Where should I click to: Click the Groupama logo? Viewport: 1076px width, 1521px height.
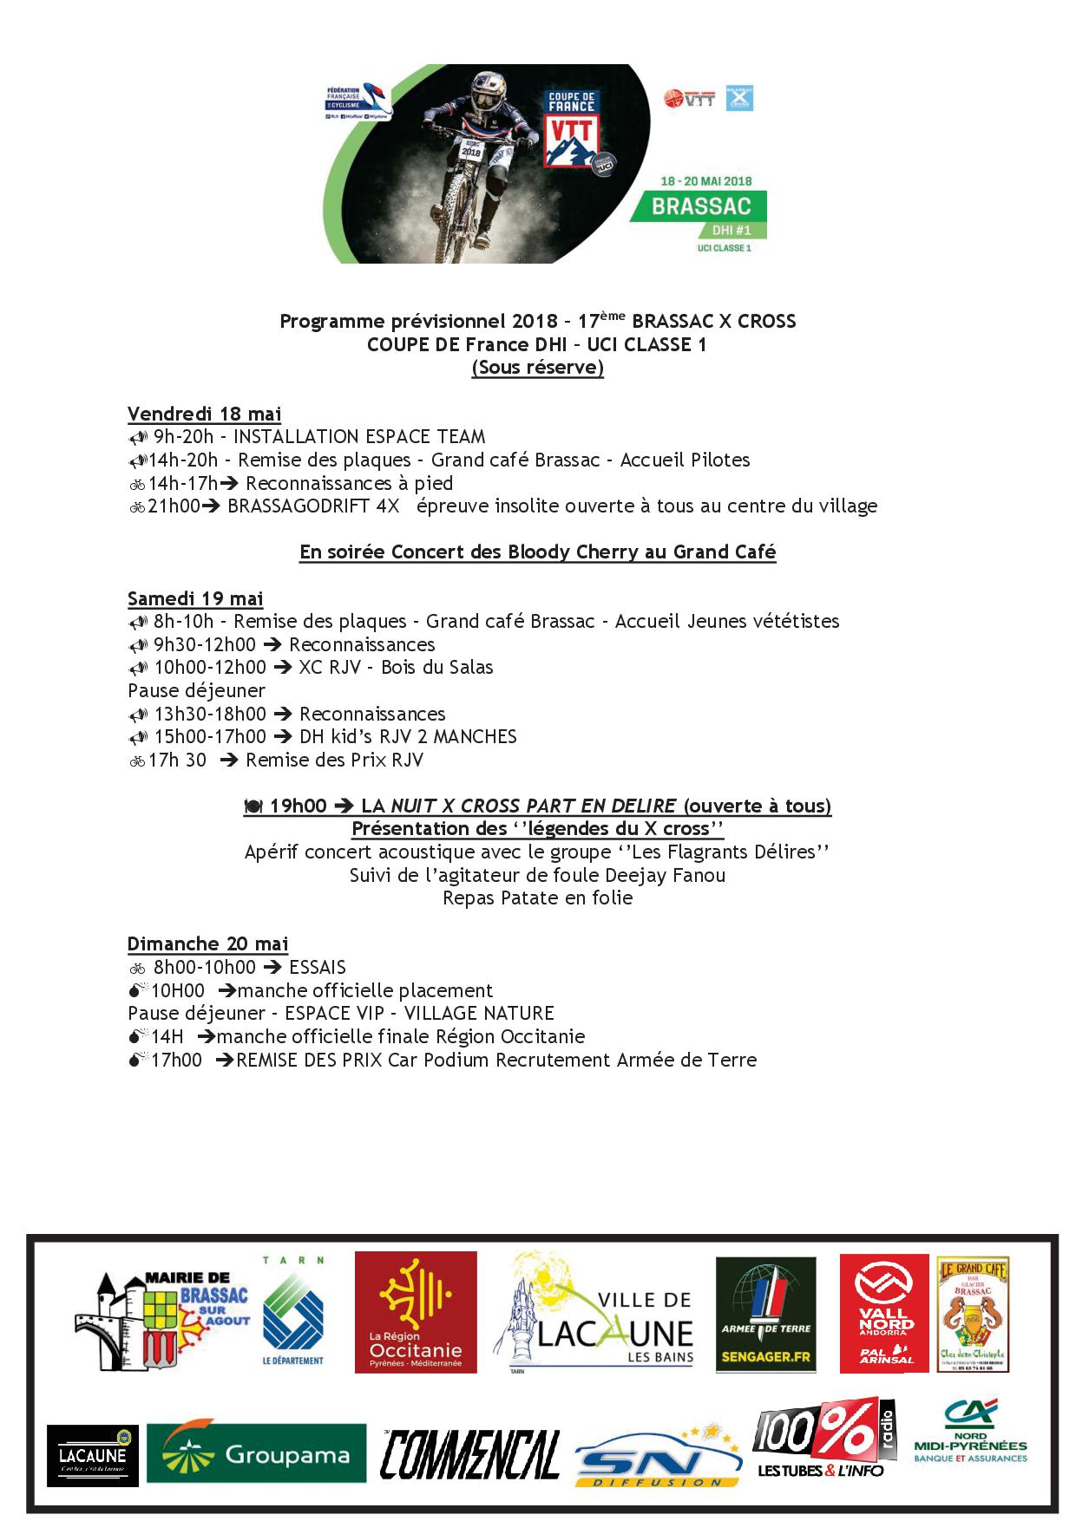(256, 1453)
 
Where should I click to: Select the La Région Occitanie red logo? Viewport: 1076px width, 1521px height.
(416, 1312)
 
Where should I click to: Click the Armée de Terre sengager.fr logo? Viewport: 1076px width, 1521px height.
(765, 1315)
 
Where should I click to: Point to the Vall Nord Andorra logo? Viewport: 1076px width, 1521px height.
(883, 1313)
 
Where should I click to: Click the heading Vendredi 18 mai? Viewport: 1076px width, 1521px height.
(204, 414)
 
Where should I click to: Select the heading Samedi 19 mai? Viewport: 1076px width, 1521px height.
(195, 598)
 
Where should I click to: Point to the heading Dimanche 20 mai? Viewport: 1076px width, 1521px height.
(207, 943)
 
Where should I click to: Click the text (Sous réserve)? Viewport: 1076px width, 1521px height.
(537, 368)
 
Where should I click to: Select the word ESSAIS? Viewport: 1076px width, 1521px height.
(317, 967)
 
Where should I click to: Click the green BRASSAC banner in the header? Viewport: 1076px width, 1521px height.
(701, 207)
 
